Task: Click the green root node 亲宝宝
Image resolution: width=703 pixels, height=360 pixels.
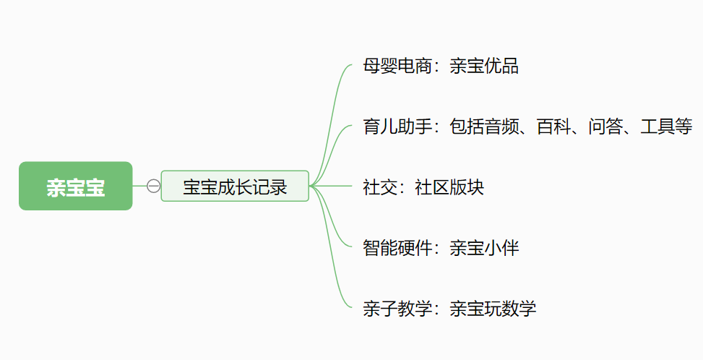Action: pyautogui.click(x=76, y=187)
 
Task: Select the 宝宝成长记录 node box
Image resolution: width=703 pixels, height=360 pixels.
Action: pyautogui.click(x=235, y=187)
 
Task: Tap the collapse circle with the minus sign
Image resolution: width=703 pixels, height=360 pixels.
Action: pyautogui.click(x=153, y=186)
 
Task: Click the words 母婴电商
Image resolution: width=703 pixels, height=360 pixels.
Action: pyautogui.click(x=397, y=67)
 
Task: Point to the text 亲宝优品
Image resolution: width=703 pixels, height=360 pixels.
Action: pyautogui.click(x=484, y=67)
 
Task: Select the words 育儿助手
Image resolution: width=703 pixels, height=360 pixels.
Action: pyautogui.click(x=397, y=127)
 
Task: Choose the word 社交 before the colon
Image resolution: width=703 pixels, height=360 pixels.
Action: pyautogui.click(x=379, y=187)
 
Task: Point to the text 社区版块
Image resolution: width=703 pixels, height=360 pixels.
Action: pyautogui.click(x=449, y=187)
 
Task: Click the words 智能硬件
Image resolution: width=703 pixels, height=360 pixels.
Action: pyautogui.click(x=397, y=248)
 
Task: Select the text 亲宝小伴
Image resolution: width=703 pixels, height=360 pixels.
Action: pyautogui.click(x=484, y=248)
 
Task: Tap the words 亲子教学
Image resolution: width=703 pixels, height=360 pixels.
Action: pyautogui.click(x=397, y=309)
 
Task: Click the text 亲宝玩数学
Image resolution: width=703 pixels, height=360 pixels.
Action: pyautogui.click(x=493, y=309)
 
